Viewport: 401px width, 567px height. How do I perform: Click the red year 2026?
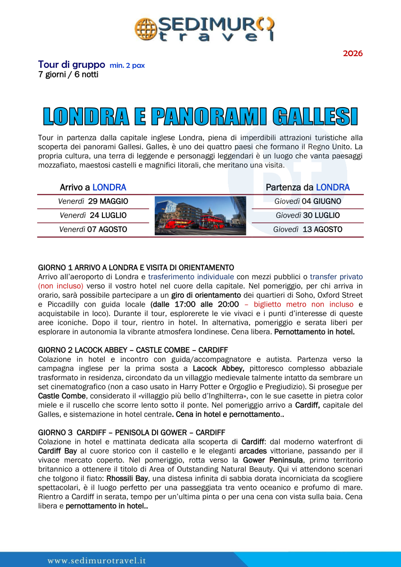(352, 53)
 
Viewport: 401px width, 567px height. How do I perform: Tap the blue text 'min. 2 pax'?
(127, 66)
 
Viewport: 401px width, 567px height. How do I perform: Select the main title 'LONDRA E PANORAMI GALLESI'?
(200, 117)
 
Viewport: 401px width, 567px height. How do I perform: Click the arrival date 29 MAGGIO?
(108, 201)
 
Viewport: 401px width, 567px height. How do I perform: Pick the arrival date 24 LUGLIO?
(108, 216)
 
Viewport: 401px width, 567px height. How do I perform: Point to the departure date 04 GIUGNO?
(321, 201)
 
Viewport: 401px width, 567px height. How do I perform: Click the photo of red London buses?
(200, 216)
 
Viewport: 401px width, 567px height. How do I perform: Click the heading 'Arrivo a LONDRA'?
(93, 187)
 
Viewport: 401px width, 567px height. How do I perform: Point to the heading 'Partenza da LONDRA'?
(308, 187)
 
